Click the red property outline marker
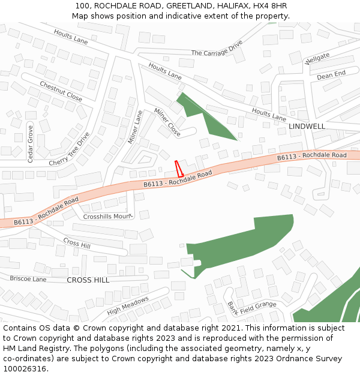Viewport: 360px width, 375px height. click(x=178, y=169)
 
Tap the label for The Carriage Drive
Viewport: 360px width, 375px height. click(x=217, y=49)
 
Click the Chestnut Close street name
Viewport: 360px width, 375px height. click(x=61, y=91)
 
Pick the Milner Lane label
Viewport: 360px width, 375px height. click(x=135, y=127)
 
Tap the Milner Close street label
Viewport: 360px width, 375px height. click(x=167, y=121)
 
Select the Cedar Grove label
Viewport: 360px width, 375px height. click(x=31, y=143)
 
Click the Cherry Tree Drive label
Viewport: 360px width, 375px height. click(x=69, y=149)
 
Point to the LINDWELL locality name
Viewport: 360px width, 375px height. click(x=307, y=127)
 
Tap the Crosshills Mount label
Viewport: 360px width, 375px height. click(x=107, y=216)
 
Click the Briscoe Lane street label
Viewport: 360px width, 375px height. click(x=28, y=279)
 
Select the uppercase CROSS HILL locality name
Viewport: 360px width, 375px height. click(x=88, y=280)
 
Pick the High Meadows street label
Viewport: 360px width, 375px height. click(x=128, y=306)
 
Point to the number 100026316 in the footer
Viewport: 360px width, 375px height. click(x=24, y=369)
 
